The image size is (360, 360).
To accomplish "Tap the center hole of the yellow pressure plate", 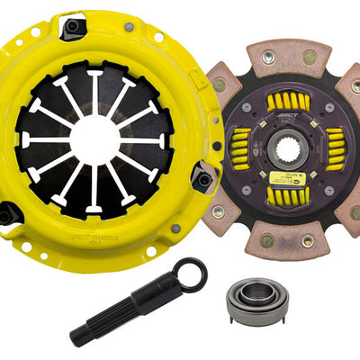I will point(94,137).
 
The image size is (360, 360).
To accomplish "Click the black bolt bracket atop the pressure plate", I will point(73,27).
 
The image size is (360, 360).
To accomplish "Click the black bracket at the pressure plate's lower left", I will point(9,213).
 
